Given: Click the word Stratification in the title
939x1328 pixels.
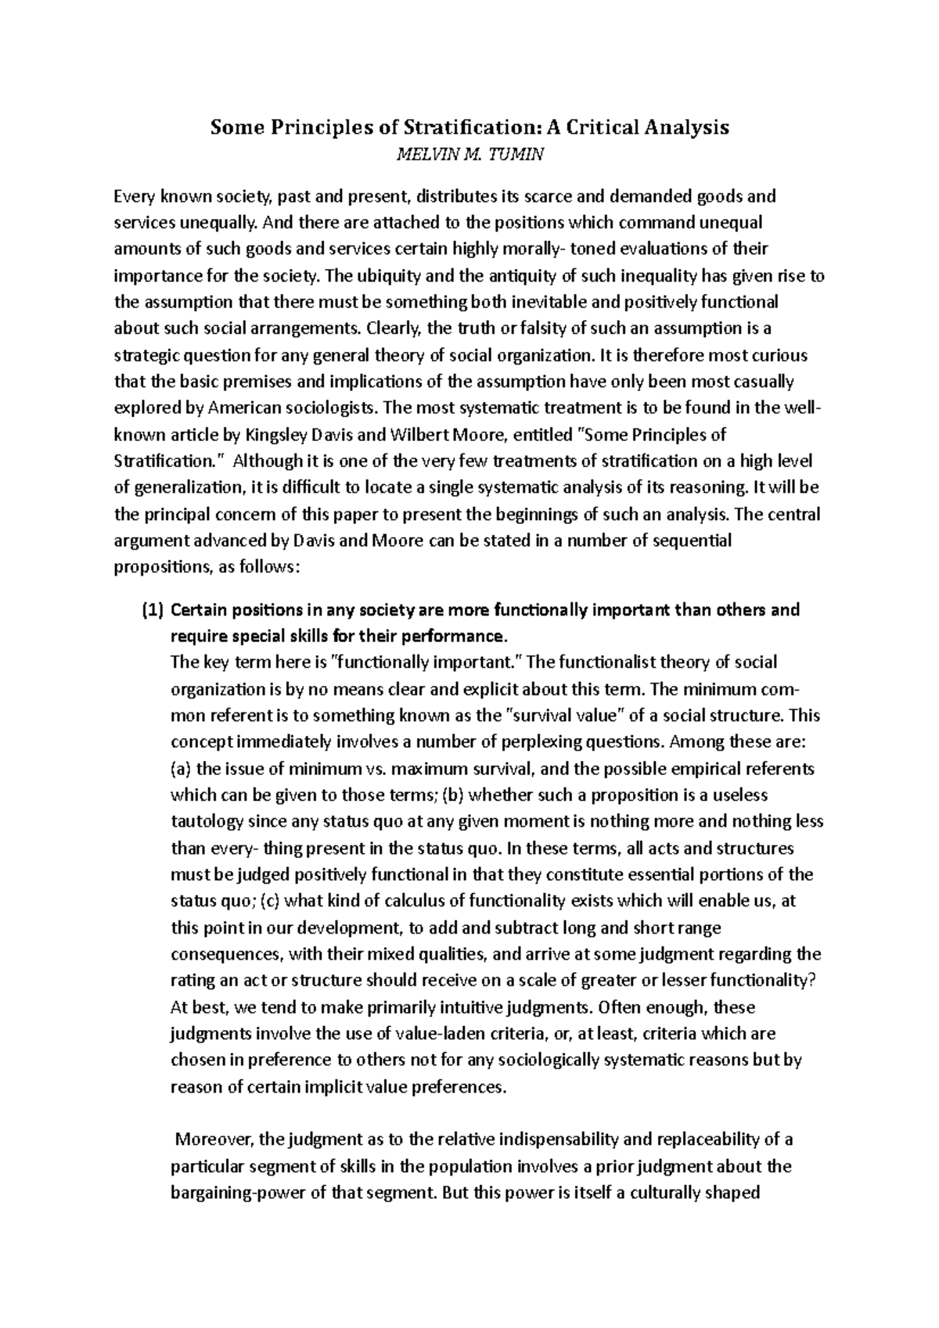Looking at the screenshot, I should [431, 127].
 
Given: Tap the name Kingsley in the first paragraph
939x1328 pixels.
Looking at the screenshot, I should [280, 434].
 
